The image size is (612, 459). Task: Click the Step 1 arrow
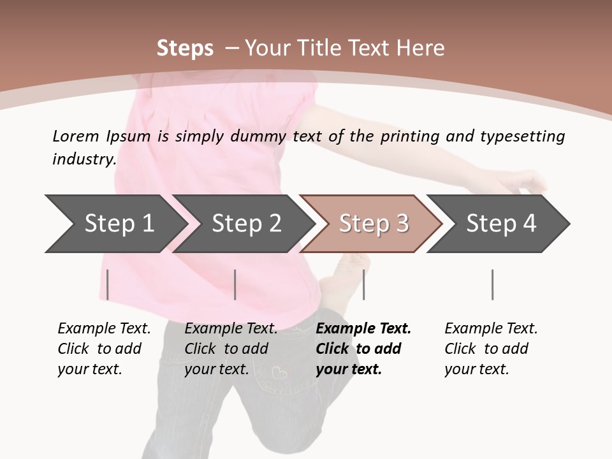[x=115, y=224]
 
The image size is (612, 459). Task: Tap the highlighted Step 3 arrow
[x=373, y=224]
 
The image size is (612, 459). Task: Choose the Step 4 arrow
[x=500, y=224]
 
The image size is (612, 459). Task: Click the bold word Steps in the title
[x=185, y=48]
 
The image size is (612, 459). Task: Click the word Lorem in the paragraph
[x=76, y=136]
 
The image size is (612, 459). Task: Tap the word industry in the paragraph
[x=84, y=159]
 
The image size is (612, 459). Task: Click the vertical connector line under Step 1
[x=108, y=284]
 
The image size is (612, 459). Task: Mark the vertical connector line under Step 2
[x=235, y=284]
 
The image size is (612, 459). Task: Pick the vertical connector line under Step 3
[x=363, y=284]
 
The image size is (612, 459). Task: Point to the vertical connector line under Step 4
[x=493, y=284]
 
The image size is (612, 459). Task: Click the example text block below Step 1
[x=104, y=349]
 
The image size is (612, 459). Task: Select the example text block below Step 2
[x=231, y=349]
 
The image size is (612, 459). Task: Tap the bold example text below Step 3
[x=363, y=349]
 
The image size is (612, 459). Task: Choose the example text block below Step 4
[x=491, y=349]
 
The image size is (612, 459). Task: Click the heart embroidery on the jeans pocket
[x=279, y=372]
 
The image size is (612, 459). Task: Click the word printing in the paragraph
[x=409, y=136]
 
